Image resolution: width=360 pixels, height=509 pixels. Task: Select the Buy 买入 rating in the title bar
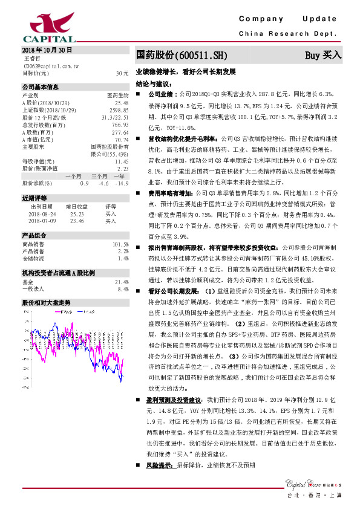pyautogui.click(x=323, y=56)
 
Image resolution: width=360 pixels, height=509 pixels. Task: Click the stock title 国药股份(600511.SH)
pyautogui.click(x=182, y=56)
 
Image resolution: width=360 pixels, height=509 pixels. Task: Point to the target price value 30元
pyautogui.click(x=122, y=73)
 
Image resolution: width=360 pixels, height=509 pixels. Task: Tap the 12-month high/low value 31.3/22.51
pyautogui.click(x=116, y=117)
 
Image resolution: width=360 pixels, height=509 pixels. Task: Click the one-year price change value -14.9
pyautogui.click(x=123, y=182)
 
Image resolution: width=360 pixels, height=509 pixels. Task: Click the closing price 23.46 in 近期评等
pyautogui.click(x=76, y=221)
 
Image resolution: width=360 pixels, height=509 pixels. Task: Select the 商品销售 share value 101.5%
pyautogui.click(x=121, y=244)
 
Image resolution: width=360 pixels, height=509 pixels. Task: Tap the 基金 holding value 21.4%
pyautogui.click(x=122, y=282)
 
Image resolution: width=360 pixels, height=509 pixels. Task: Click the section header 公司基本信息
pyautogui.click(x=41, y=87)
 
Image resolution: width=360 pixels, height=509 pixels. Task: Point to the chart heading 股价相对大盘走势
pyautogui.click(x=47, y=302)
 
